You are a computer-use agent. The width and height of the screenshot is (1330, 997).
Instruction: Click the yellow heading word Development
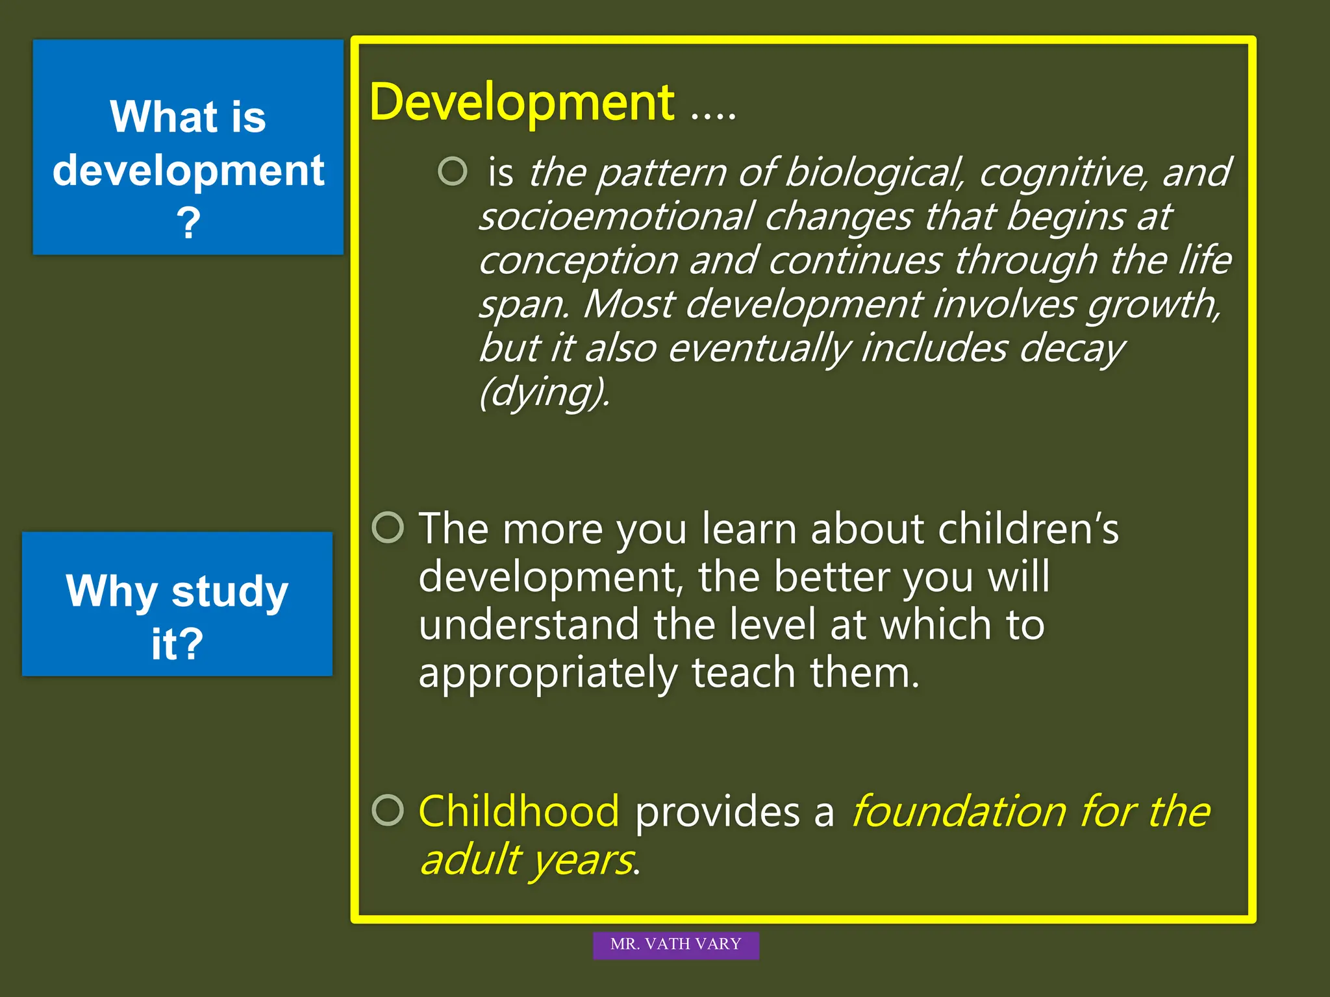pos(521,103)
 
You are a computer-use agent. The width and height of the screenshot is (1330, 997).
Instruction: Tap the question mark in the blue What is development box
pos(188,223)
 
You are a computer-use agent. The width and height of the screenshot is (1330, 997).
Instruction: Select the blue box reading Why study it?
pos(177,604)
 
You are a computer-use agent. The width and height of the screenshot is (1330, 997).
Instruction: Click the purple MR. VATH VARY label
pos(675,944)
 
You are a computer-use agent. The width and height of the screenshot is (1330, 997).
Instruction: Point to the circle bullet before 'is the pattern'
pos(453,171)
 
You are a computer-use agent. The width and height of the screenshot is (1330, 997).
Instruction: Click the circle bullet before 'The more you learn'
pos(388,527)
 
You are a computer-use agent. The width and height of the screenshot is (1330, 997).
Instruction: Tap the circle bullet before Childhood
pos(388,810)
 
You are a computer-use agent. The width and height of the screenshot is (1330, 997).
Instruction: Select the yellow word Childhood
pos(518,811)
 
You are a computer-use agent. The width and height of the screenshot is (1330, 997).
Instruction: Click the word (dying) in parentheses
pos(544,392)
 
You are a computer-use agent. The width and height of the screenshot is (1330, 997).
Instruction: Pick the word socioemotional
pos(617,216)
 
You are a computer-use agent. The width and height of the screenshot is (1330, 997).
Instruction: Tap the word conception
pos(579,260)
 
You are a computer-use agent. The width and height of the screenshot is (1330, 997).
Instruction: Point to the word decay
pos(1072,349)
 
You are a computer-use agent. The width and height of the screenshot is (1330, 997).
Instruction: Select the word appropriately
pos(548,673)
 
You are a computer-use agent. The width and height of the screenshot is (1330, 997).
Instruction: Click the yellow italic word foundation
pos(958,811)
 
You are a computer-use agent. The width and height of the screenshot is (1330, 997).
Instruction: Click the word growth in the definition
pos(1153,304)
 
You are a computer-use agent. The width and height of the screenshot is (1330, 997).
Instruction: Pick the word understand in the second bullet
pos(529,624)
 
